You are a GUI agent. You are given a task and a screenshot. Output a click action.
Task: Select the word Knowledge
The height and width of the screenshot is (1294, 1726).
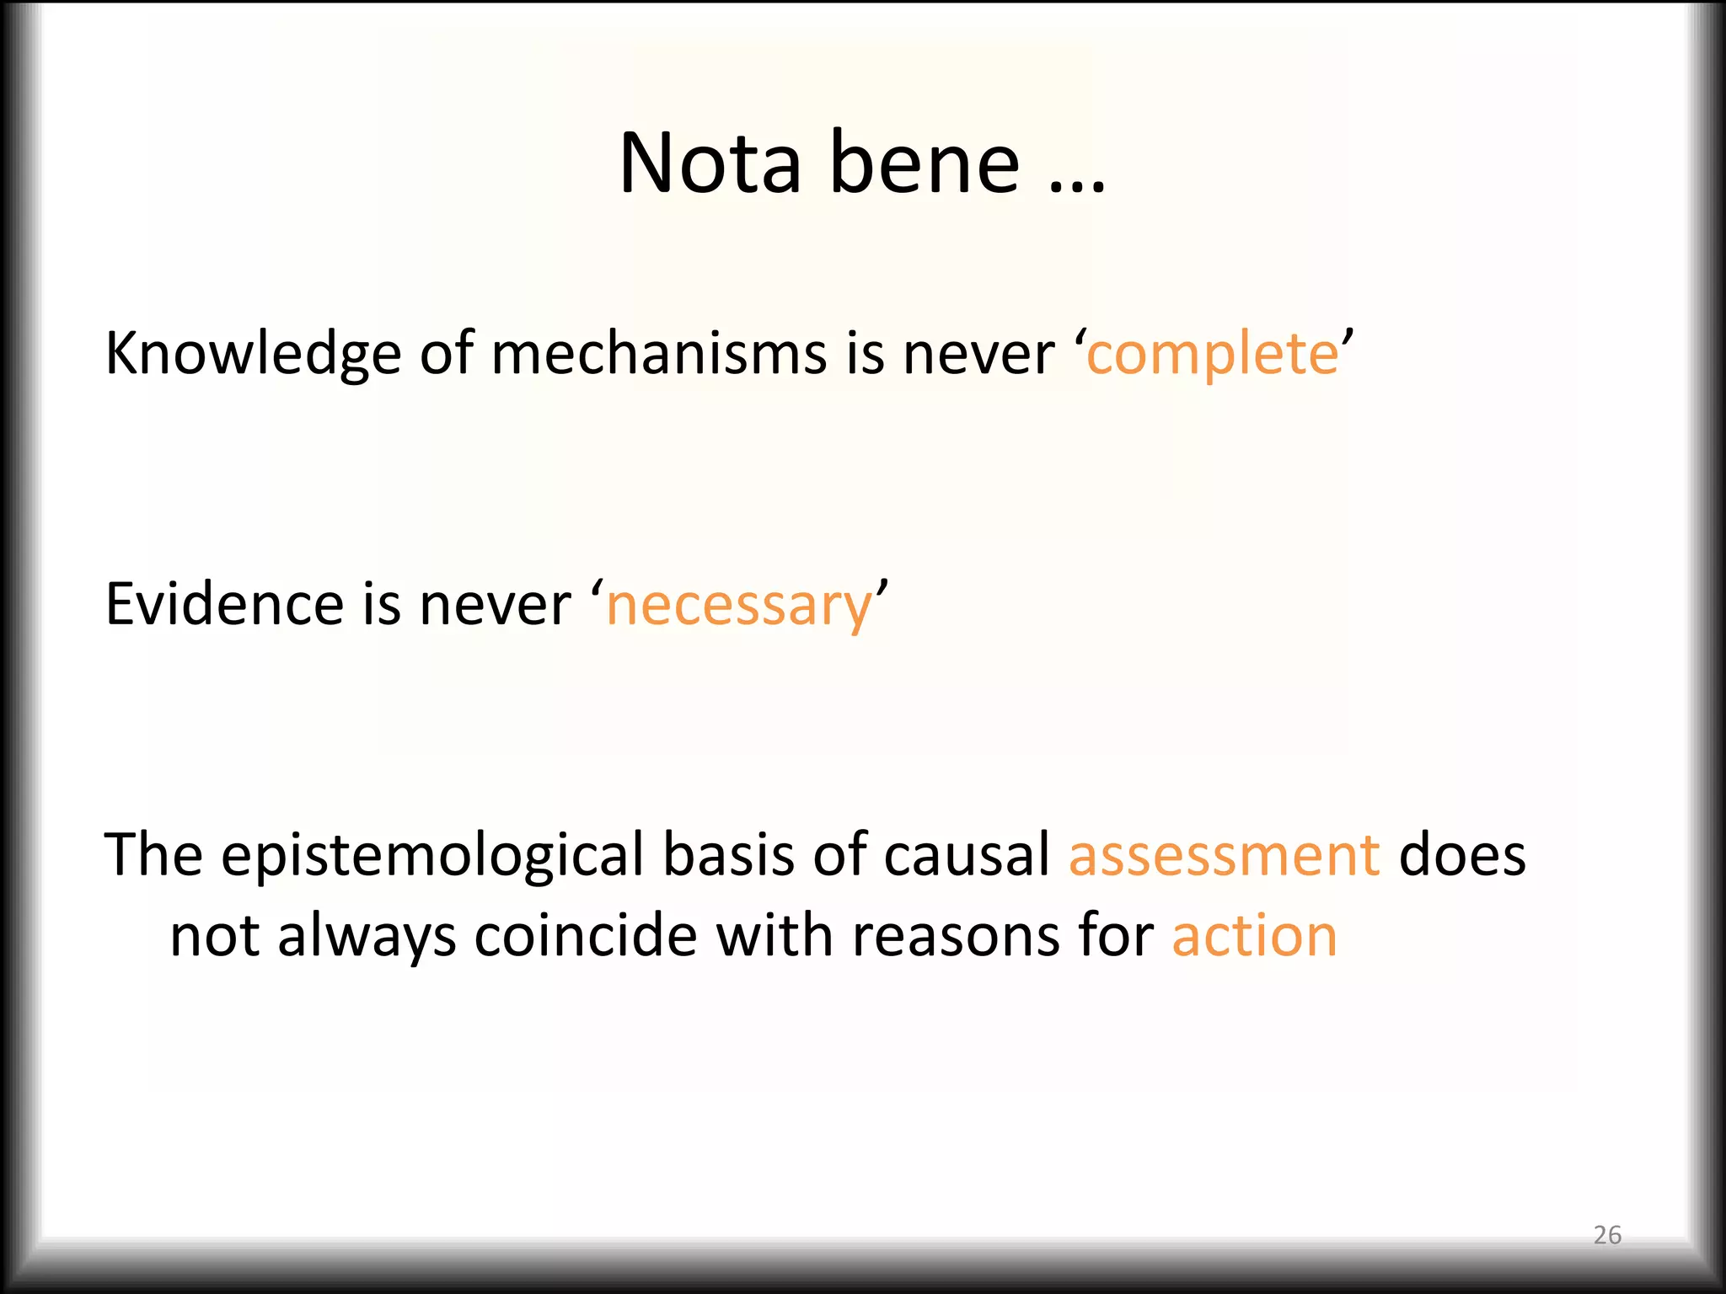pyautogui.click(x=253, y=354)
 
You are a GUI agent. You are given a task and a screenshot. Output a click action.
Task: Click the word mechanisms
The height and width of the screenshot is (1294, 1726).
pyautogui.click(x=658, y=354)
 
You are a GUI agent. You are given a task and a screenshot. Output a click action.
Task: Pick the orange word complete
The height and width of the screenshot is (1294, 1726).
pyautogui.click(x=1212, y=354)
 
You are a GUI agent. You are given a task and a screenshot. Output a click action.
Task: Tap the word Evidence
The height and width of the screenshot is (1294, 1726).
pyautogui.click(x=224, y=604)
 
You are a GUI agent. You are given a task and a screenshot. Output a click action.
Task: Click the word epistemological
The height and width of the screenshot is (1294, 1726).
pyautogui.click(x=432, y=856)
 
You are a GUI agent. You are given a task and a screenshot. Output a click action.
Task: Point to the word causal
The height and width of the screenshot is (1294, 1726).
pyautogui.click(x=967, y=854)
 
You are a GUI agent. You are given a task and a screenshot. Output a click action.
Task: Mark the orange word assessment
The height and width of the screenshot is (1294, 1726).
pyautogui.click(x=1224, y=856)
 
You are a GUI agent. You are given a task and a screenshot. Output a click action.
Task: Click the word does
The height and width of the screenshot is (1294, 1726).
pyautogui.click(x=1462, y=854)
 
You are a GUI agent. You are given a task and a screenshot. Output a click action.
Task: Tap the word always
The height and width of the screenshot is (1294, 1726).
pyautogui.click(x=367, y=937)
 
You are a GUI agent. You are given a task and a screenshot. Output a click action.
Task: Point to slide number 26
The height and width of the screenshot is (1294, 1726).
pyautogui.click(x=1607, y=1235)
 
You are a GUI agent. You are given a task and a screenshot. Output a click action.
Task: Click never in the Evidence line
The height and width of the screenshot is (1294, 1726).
pyautogui.click(x=496, y=604)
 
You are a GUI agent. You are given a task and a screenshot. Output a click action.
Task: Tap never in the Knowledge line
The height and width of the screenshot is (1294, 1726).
pyautogui.click(x=978, y=354)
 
